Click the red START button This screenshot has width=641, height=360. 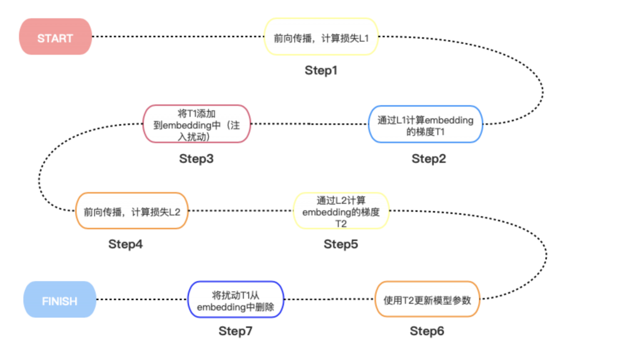point(56,36)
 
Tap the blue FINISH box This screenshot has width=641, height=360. point(59,299)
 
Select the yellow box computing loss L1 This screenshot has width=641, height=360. point(321,36)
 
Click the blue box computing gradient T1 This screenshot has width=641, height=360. point(426,124)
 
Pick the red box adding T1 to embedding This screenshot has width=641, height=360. point(197,124)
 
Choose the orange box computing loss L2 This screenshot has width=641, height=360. point(131,211)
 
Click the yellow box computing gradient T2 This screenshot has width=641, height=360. point(341,211)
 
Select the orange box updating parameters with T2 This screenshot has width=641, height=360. point(427,299)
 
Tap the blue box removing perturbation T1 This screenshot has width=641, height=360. point(235,299)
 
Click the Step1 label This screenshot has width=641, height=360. point(321,70)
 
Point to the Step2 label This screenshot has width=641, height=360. point(428,159)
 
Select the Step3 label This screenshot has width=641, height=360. point(196,159)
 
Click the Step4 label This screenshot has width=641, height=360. point(125,244)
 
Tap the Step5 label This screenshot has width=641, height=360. point(341,244)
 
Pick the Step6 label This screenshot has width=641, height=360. point(427,331)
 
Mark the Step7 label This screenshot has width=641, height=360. point(235,331)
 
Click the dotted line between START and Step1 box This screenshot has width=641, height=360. point(178,36)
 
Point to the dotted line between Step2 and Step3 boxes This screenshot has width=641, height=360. point(309,123)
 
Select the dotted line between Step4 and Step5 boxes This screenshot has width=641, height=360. point(241,211)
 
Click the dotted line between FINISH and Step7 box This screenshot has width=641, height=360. point(142,299)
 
